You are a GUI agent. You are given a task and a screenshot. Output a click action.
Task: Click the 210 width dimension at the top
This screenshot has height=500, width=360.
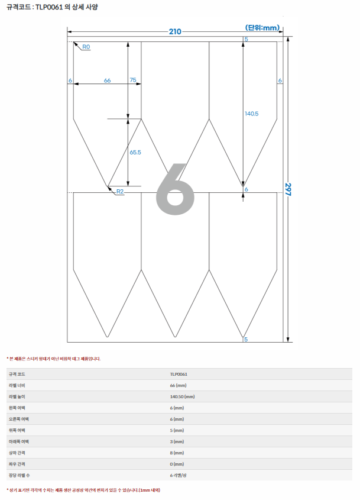coord(175,31)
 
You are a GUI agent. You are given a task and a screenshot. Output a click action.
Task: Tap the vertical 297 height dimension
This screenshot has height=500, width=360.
coord(288,189)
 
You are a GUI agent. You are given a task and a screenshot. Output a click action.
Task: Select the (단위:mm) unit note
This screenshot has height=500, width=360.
coord(262,28)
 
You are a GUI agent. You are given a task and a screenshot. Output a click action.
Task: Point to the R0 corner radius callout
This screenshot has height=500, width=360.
coord(86,47)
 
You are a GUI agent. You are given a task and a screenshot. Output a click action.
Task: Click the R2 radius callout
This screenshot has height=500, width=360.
coord(120,191)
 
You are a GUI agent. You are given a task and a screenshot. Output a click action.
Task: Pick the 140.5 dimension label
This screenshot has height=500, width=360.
coord(251,114)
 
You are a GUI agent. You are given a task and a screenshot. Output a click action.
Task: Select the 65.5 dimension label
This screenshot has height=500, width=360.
coord(135,153)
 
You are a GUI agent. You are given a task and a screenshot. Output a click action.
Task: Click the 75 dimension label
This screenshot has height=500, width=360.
coord(133,80)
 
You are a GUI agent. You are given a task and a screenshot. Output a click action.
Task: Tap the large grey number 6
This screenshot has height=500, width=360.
coord(175,189)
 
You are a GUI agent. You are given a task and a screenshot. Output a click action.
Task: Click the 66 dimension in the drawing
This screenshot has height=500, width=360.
coord(108,80)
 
